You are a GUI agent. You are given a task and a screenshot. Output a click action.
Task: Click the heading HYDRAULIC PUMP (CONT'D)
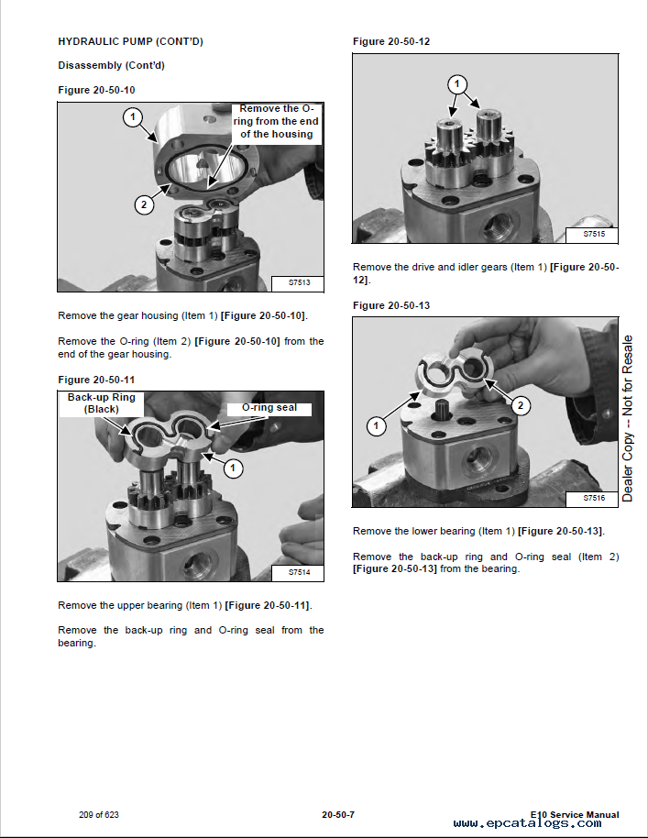(x=130, y=41)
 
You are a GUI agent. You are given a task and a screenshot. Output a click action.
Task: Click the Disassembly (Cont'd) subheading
(x=111, y=65)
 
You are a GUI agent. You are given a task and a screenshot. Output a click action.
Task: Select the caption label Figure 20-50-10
(x=96, y=90)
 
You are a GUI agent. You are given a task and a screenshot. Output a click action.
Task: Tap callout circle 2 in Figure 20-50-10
(x=144, y=204)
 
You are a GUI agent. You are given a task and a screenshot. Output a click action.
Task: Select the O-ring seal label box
(x=268, y=408)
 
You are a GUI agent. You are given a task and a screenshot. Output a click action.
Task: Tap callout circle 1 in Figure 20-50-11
(x=234, y=468)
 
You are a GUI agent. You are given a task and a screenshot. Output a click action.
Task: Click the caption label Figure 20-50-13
(x=391, y=305)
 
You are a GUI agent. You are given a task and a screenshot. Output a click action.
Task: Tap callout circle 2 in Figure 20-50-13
(x=520, y=404)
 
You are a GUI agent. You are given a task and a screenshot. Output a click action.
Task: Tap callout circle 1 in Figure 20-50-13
(x=377, y=425)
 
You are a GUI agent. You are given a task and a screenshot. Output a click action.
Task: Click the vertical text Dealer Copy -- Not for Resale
(x=628, y=418)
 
